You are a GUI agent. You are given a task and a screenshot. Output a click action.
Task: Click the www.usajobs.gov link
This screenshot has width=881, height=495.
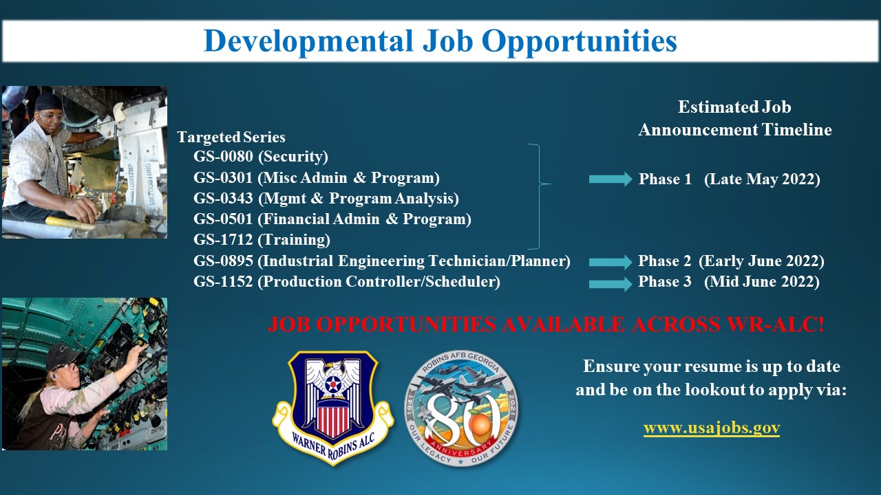[712, 428]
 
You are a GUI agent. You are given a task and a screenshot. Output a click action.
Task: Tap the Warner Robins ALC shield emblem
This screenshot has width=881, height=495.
[332, 408]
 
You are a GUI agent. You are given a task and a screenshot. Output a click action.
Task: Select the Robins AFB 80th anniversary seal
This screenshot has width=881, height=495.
[461, 408]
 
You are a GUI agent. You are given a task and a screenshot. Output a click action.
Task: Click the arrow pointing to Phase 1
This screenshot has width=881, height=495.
[611, 179]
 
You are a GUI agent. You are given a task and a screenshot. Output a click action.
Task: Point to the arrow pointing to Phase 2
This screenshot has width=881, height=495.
[611, 262]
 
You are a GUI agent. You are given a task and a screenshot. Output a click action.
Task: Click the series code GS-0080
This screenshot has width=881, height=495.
[223, 156]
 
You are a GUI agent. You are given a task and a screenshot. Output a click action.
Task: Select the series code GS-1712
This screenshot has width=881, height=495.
[223, 240]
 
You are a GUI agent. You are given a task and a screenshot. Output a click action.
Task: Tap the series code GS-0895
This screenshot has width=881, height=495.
[223, 261]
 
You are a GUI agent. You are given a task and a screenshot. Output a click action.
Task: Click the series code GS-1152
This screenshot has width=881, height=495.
[223, 282]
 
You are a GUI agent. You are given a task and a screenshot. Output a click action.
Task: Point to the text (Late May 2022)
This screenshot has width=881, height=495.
[762, 179]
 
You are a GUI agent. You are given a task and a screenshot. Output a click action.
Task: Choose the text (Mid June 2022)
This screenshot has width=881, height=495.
[762, 282]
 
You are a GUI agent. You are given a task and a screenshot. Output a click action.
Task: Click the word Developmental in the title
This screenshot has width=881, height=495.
[308, 42]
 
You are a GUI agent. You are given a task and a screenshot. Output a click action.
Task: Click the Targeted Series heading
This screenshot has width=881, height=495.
[231, 137]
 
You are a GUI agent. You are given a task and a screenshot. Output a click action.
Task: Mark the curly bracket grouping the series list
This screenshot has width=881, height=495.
[539, 197]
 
